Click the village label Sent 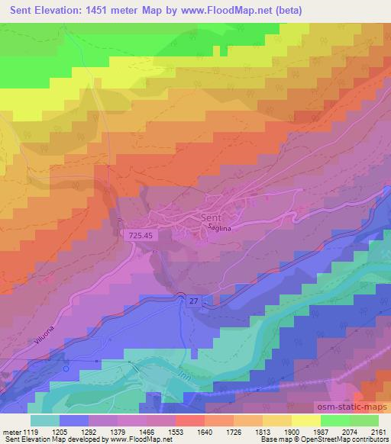point(212,218)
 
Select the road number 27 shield point(192,302)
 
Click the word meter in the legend point(11,431)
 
